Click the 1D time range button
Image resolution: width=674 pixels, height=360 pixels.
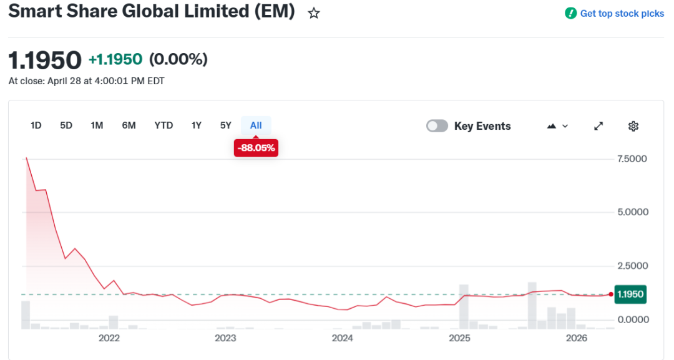(x=36, y=125)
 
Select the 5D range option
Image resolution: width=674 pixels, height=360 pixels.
(x=66, y=125)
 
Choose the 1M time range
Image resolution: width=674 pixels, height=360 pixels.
(x=97, y=125)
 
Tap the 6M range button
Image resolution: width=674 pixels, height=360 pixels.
(x=129, y=125)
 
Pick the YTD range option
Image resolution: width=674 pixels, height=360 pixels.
(x=164, y=125)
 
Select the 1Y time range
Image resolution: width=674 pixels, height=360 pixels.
(x=197, y=125)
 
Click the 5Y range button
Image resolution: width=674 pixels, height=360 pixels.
(x=226, y=125)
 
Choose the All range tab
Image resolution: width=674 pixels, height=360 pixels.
(x=256, y=125)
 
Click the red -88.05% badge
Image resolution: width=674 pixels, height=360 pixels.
(x=256, y=148)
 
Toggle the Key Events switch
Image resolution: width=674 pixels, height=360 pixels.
(x=437, y=126)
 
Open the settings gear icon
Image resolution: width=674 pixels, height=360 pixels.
(x=633, y=126)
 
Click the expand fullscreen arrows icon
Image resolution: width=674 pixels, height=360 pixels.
(x=598, y=126)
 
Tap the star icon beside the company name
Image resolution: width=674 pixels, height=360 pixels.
(x=314, y=13)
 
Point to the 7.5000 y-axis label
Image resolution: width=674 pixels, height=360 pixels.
(x=632, y=159)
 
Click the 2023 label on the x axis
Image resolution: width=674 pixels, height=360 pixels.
(x=225, y=338)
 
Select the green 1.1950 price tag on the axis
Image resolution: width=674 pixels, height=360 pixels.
(x=630, y=294)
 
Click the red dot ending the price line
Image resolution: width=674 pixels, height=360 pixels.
(x=611, y=294)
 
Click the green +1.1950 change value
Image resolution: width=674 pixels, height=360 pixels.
(x=115, y=59)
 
